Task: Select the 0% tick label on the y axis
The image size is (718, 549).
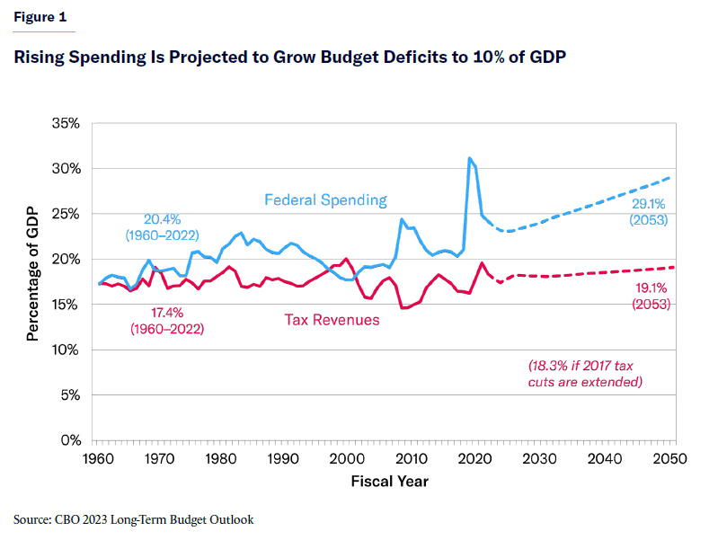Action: point(69,440)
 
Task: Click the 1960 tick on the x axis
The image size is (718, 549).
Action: point(98,459)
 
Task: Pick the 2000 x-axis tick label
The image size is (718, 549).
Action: point(344,459)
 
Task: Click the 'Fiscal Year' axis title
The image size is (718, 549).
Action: point(389,482)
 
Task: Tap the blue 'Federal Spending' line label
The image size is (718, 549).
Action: point(325,199)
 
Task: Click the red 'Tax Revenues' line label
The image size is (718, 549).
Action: point(332,319)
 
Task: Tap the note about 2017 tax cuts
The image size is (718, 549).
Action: point(585,374)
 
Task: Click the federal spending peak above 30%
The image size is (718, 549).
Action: point(470,159)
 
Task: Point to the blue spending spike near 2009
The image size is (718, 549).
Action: point(402,219)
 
